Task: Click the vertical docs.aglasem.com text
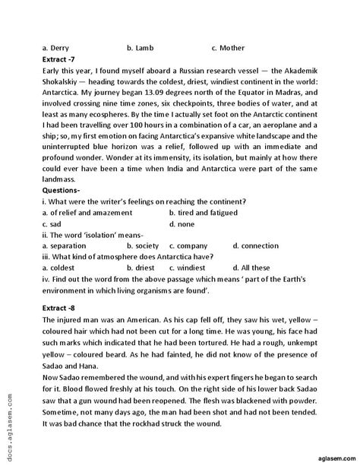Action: (x=10, y=437)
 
